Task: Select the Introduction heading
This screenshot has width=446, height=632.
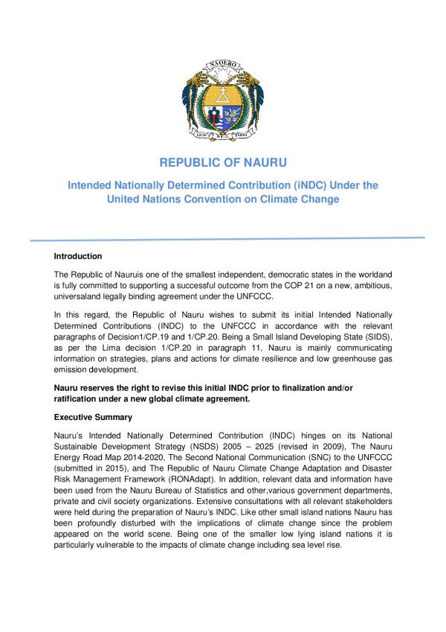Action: pos(78,257)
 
